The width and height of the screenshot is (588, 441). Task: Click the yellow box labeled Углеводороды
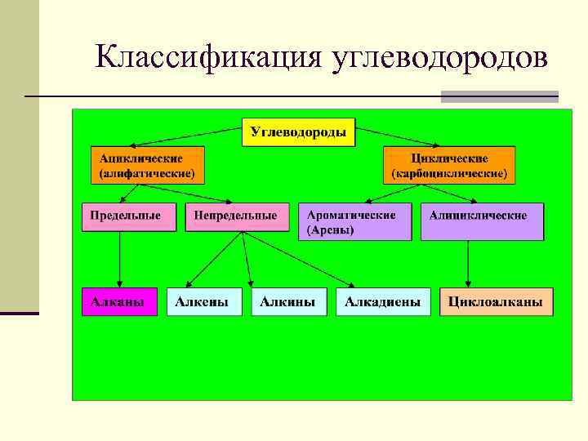point(298,132)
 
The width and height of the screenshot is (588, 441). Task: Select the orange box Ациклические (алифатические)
point(147,165)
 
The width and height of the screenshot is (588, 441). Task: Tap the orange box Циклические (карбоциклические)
point(449,165)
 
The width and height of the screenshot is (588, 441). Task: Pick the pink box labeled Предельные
point(128,216)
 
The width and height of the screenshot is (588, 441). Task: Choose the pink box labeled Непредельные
point(237,216)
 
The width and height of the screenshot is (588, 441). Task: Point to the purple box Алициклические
point(482,222)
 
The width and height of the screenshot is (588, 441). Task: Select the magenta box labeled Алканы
point(119,301)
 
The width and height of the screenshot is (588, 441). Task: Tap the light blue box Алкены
point(204,301)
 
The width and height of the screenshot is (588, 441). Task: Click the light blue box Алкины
point(288,301)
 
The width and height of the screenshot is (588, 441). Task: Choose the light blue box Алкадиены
point(383,301)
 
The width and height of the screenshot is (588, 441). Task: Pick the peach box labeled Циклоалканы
point(496,301)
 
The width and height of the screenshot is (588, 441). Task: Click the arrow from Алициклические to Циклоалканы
point(468,263)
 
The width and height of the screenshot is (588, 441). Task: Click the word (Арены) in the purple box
point(330,230)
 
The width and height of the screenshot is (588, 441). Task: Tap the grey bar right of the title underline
point(499,96)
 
